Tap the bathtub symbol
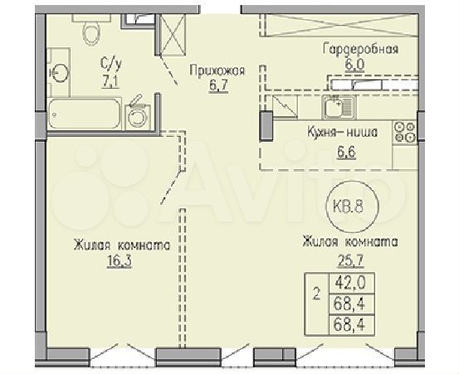pos(85,114)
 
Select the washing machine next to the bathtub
pos(138,116)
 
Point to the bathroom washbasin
pos(59,72)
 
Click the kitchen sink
pos(339,106)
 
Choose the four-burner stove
pos(405,133)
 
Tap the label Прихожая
pos(217,70)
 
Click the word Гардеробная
pos(360,49)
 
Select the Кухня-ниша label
pos(342,133)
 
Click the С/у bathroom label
pos(110,64)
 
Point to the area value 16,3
pos(120,261)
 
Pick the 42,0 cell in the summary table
pos(352,283)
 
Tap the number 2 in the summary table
pos(316,295)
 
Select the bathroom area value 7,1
pos(110,82)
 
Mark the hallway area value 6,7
pos(218,85)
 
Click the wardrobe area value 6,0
pos(354,65)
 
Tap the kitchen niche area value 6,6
pos(346,152)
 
